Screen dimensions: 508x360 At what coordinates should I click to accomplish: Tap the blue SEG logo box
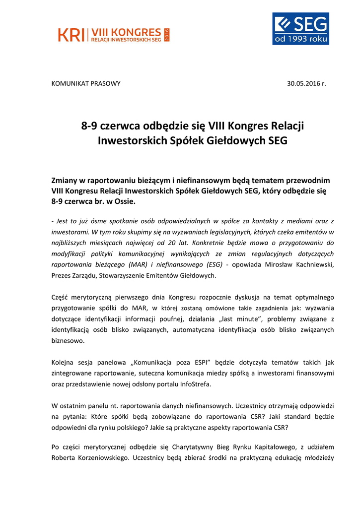point(300,29)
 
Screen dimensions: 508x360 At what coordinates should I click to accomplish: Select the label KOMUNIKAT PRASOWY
point(86,83)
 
